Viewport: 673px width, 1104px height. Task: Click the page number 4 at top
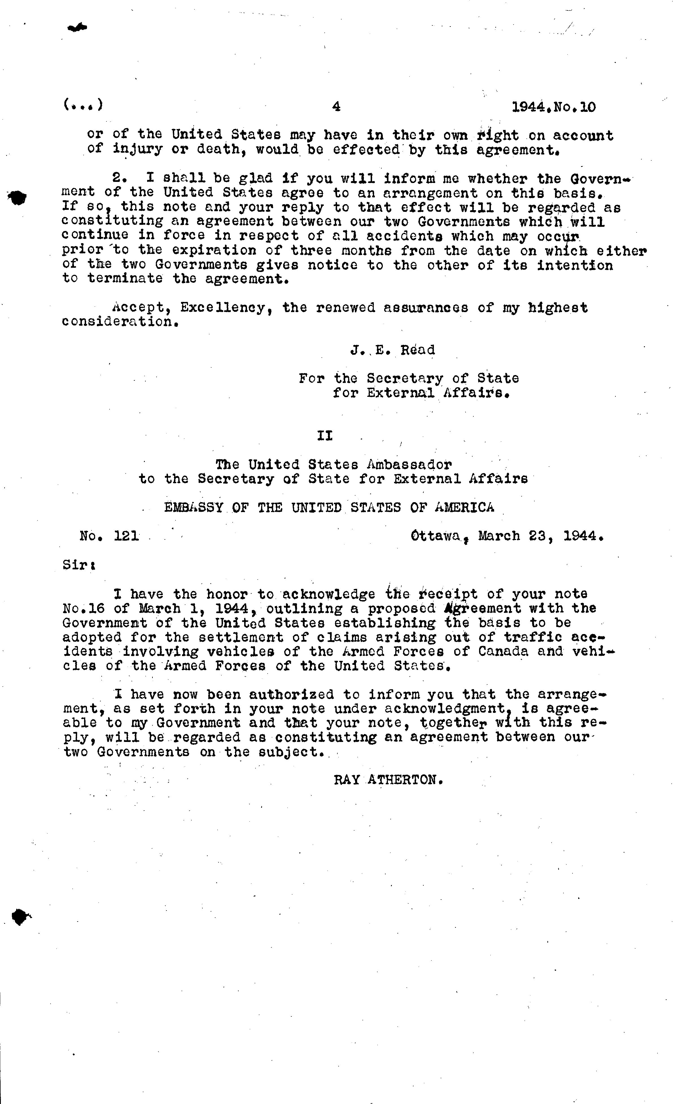(x=336, y=107)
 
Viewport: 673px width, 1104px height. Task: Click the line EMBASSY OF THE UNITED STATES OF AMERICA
(x=329, y=508)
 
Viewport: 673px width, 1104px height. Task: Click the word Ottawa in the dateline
(x=436, y=536)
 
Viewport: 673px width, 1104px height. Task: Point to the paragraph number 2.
(x=118, y=178)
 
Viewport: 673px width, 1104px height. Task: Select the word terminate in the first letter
(x=125, y=279)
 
